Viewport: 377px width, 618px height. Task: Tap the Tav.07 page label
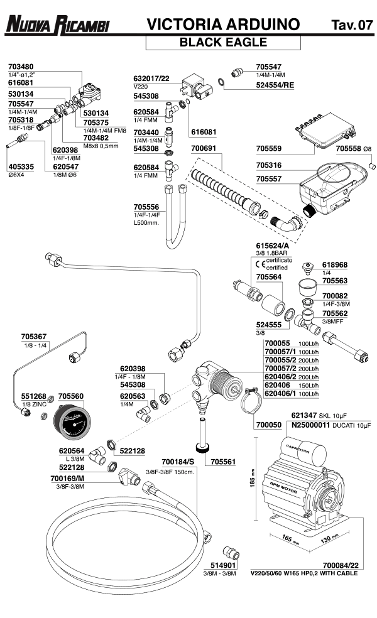click(x=351, y=26)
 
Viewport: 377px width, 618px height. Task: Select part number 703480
click(x=21, y=66)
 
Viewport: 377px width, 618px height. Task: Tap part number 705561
click(x=223, y=461)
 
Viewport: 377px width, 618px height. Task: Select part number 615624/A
click(x=271, y=246)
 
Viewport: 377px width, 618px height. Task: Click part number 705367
click(x=35, y=336)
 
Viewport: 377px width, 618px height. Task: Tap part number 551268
click(x=34, y=397)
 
